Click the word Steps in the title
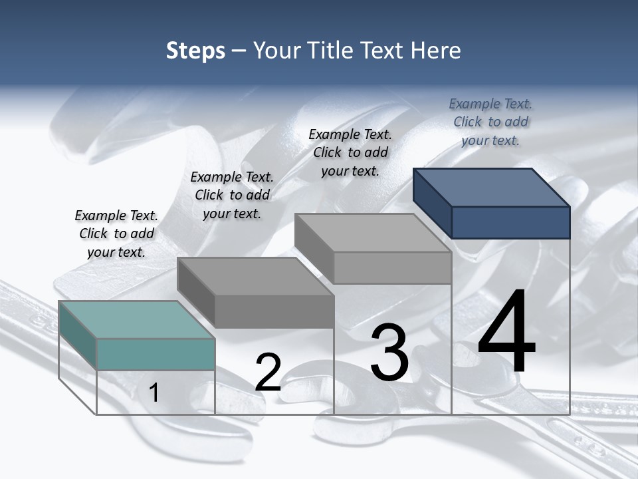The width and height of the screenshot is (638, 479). (195, 51)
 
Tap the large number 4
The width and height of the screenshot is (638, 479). (506, 333)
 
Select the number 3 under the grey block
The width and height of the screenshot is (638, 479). (389, 353)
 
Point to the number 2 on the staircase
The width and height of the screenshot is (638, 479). (268, 373)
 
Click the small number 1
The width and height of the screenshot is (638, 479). (154, 393)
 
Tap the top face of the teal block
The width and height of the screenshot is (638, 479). (136, 319)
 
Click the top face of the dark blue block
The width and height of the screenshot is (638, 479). (492, 187)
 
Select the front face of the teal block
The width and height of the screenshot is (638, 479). (156, 354)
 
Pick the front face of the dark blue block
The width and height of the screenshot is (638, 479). (510, 222)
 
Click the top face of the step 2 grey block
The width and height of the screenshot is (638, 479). (255, 276)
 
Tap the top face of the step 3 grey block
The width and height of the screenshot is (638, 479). (373, 233)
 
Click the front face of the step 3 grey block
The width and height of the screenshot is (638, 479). (392, 268)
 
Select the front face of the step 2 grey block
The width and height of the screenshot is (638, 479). (274, 311)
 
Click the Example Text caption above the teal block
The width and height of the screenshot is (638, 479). (116, 234)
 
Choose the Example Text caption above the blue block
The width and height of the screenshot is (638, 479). (490, 122)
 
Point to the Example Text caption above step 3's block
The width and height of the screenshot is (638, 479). (350, 152)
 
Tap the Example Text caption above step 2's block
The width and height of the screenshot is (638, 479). (232, 195)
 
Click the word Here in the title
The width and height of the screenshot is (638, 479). (436, 51)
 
